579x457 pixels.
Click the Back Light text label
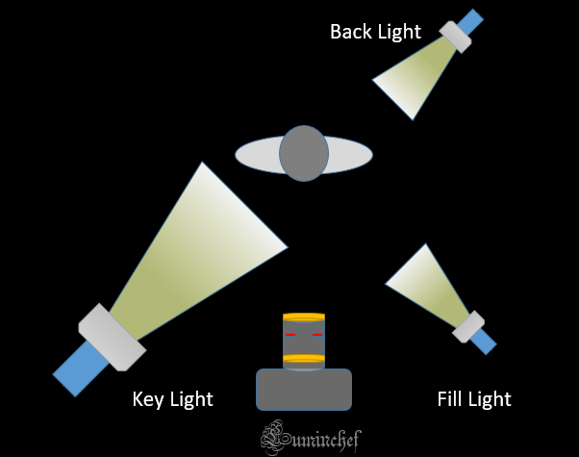[x=375, y=32]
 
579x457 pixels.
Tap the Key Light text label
[x=172, y=398]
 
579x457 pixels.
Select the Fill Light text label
[x=473, y=398]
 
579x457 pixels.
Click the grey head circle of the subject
[x=304, y=153]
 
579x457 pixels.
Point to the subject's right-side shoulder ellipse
[x=350, y=154]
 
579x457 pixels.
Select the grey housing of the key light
[x=111, y=337]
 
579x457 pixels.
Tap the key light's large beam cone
[x=197, y=255]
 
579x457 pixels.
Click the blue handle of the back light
[x=470, y=21]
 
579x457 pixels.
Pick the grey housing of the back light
[x=455, y=36]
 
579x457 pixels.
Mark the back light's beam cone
[x=414, y=76]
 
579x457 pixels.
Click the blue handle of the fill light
[x=483, y=340]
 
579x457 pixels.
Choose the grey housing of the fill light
[x=468, y=326]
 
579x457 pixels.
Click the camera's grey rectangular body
[x=304, y=390]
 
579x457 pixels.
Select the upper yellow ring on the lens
[x=304, y=317]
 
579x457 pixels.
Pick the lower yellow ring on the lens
[x=304, y=360]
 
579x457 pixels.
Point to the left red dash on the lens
[x=289, y=336]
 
